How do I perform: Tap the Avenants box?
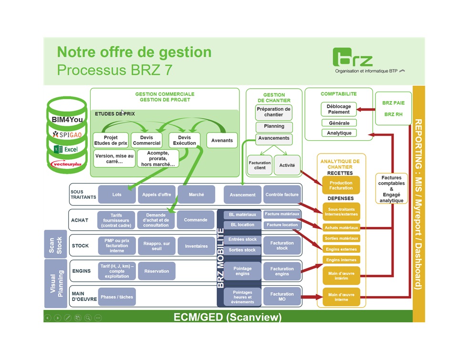point(222,140)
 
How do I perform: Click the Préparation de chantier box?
point(273,112)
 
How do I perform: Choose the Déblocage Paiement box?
point(338,109)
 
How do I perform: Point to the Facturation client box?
point(260,165)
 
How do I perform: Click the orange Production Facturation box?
point(341,185)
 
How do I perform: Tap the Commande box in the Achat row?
point(195,220)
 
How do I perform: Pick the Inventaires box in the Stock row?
point(196,246)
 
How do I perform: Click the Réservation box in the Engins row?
point(156,271)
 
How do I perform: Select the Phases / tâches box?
point(116,297)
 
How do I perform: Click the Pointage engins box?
point(242,271)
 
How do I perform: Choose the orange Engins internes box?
point(341,260)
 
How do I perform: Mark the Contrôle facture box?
point(281,195)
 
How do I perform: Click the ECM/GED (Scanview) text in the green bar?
point(227,317)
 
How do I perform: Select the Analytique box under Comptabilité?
point(338,133)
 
